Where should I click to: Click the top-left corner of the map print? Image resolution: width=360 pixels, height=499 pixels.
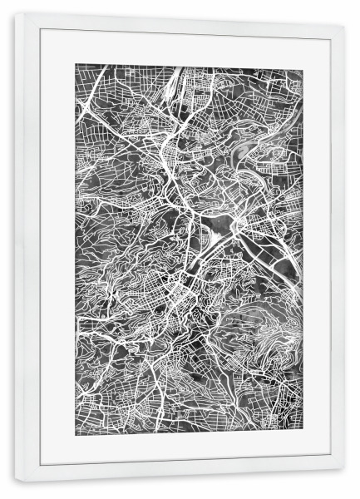point(76,64)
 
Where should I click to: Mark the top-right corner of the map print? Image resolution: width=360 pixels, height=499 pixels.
point(304,64)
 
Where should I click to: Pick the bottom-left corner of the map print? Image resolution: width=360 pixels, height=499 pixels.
point(76,429)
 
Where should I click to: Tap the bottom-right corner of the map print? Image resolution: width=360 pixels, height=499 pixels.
point(304,429)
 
